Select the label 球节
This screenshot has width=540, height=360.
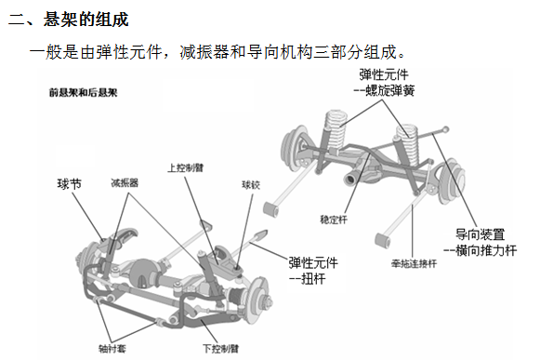click(x=70, y=183)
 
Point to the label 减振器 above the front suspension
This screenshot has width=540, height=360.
click(x=125, y=183)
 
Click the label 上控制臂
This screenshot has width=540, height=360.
click(x=186, y=168)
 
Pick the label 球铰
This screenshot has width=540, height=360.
click(x=252, y=183)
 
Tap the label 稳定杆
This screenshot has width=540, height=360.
click(x=333, y=220)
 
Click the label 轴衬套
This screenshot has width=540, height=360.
click(x=114, y=348)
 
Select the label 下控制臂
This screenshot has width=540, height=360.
click(x=220, y=348)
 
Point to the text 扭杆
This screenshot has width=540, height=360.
click(x=315, y=277)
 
